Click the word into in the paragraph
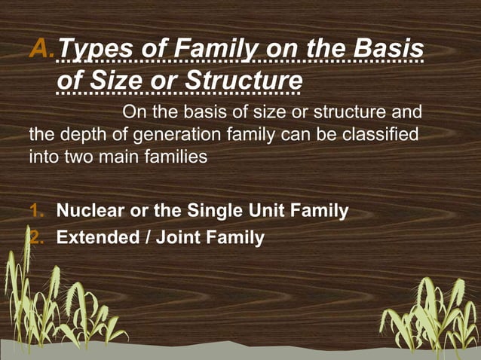[x=41, y=158]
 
